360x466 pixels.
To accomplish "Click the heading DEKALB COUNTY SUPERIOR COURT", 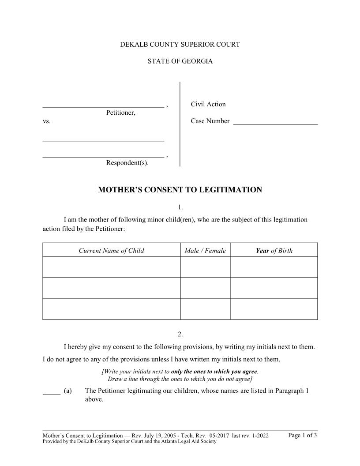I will (x=180, y=45).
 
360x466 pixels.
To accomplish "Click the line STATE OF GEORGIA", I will (x=180, y=61).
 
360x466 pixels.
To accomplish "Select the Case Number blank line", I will (x=275, y=124).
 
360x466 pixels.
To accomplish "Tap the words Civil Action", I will (x=208, y=104).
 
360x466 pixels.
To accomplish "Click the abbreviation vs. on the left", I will (x=47, y=121).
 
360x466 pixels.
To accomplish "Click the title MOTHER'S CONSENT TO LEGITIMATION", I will (x=180, y=190).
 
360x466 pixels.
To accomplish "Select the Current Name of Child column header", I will (x=111, y=251).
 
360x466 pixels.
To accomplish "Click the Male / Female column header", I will (x=205, y=251).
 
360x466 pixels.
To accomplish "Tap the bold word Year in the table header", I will (x=262, y=251).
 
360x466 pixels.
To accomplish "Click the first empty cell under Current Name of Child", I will (x=111, y=267).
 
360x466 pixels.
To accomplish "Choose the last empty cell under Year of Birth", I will (x=274, y=309).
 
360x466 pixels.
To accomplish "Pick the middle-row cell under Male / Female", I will (x=205, y=288).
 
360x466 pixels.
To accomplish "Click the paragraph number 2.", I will (x=180, y=334).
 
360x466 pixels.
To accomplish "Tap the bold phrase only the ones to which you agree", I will (x=214, y=371).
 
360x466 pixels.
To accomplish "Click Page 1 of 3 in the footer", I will (x=302, y=435).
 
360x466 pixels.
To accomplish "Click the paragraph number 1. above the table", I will (x=180, y=207).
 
